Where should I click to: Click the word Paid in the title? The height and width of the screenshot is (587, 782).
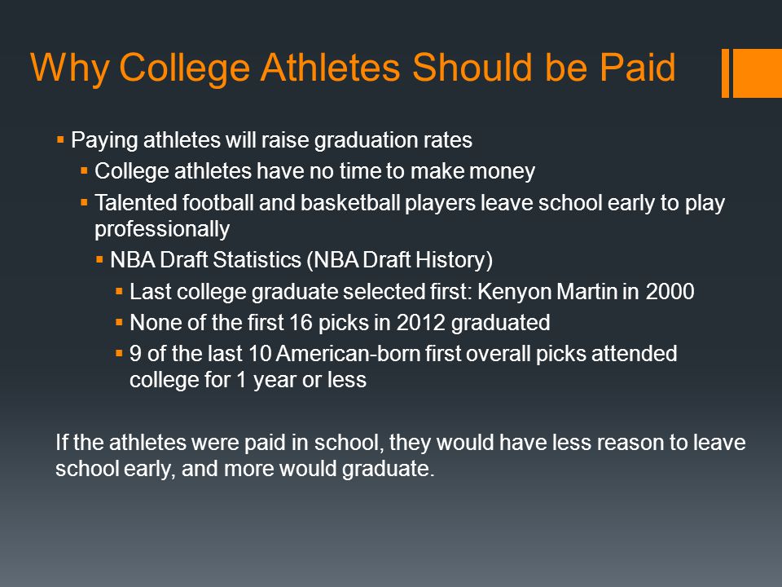(x=636, y=68)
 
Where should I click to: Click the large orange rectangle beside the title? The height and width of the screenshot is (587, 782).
(x=757, y=73)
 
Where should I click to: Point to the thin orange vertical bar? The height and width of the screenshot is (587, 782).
(x=725, y=73)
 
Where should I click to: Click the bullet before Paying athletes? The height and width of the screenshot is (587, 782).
(x=61, y=140)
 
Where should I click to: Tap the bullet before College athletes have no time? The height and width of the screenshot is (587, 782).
(x=85, y=171)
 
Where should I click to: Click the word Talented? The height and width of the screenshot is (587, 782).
(x=133, y=203)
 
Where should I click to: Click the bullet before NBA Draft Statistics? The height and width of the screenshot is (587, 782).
(x=99, y=261)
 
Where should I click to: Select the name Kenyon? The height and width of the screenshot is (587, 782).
(x=518, y=292)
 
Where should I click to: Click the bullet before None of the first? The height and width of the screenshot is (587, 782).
(x=120, y=323)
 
